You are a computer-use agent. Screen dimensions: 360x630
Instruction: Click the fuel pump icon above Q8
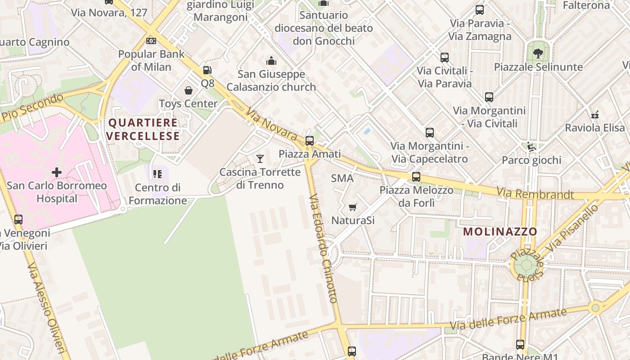tap(207, 70)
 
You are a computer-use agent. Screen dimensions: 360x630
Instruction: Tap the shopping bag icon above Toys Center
tap(189, 90)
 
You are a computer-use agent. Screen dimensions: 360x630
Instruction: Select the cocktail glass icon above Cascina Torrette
tap(260, 158)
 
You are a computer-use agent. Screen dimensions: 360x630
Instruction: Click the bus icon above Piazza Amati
tap(309, 140)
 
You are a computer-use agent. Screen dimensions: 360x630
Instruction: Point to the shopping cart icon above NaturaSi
tap(353, 207)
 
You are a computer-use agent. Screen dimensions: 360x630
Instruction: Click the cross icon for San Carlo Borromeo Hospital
tap(57, 172)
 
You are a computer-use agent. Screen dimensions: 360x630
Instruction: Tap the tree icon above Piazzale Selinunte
tap(538, 54)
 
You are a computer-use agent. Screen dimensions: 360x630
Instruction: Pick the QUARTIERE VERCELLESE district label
tap(144, 129)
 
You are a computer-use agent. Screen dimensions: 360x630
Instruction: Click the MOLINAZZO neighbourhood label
tap(500, 232)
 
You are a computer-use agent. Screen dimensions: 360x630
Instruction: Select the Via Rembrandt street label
tap(535, 194)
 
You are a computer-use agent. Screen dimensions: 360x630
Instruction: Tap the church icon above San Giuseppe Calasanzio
tap(271, 61)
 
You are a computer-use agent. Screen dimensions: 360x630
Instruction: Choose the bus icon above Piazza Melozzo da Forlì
tap(416, 176)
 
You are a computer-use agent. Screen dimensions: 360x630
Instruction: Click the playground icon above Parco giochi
tap(531, 147)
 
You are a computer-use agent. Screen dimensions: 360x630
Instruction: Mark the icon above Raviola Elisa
tap(595, 114)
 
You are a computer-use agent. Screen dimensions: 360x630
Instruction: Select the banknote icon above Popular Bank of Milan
tap(151, 41)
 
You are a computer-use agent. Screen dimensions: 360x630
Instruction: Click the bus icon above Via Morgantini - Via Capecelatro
tap(430, 132)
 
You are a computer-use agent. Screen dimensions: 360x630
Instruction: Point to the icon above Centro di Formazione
tap(157, 174)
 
